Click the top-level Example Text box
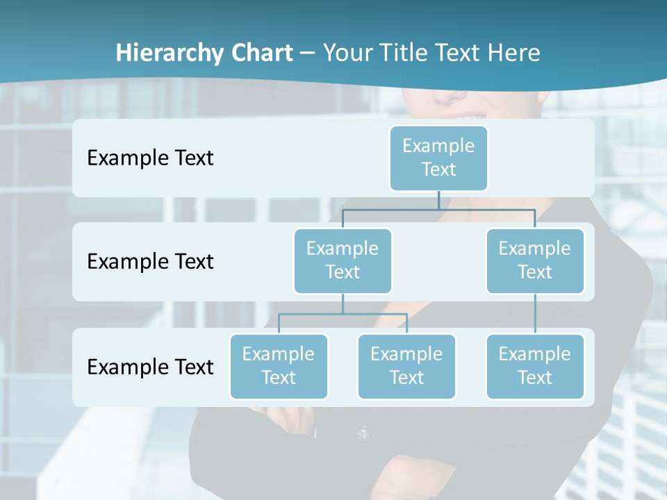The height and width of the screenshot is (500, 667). [438, 158]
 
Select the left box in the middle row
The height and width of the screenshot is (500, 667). [343, 260]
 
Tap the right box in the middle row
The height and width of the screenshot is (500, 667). [534, 260]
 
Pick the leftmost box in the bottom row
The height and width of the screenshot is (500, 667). [279, 366]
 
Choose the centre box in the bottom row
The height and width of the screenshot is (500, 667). [406, 366]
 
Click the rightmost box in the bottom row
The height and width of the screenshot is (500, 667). [534, 366]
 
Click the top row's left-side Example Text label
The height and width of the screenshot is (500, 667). [150, 158]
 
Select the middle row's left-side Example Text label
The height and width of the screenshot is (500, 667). [150, 261]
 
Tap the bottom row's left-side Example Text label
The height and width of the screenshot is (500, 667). [150, 367]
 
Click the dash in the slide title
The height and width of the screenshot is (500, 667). [308, 53]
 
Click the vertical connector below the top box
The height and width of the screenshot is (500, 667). [438, 200]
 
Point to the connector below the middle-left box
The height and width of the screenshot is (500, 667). [343, 304]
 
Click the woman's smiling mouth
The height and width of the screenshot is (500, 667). [462, 115]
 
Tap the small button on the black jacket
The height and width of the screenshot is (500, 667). [363, 433]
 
